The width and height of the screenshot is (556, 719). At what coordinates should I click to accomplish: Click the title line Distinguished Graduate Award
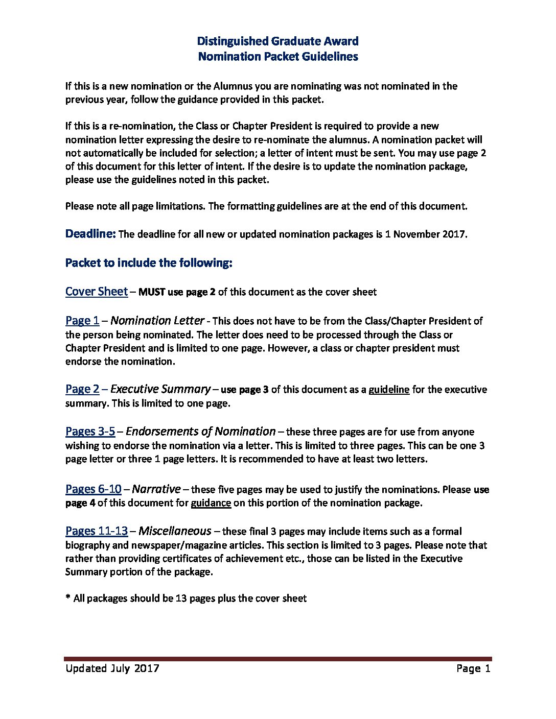click(277, 41)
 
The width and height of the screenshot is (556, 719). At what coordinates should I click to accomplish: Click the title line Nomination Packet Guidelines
click(277, 56)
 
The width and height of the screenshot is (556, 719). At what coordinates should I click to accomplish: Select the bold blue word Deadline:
click(90, 234)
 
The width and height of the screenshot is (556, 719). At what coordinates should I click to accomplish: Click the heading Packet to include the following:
click(149, 263)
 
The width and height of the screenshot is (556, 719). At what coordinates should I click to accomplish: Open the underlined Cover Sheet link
click(97, 292)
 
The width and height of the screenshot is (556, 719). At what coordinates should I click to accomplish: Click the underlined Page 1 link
click(82, 321)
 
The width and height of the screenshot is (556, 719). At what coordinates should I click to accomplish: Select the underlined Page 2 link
click(82, 389)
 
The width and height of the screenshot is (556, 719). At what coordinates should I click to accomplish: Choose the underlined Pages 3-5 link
click(90, 432)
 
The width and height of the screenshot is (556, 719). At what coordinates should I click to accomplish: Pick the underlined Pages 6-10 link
click(94, 489)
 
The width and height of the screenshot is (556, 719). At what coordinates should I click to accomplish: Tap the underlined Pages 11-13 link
click(97, 531)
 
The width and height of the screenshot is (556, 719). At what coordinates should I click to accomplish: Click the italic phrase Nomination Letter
click(157, 321)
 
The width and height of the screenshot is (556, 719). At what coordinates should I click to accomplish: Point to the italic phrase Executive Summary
click(160, 389)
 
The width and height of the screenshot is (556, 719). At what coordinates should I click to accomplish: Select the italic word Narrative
click(156, 489)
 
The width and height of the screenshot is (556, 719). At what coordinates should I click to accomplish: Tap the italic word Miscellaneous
click(175, 531)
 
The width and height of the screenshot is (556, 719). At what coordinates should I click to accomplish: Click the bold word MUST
click(152, 292)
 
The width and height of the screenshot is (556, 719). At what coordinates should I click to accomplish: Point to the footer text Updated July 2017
click(112, 668)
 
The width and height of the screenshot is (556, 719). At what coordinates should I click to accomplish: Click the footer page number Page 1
click(473, 668)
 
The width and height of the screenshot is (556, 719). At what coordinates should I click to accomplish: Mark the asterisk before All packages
click(67, 597)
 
